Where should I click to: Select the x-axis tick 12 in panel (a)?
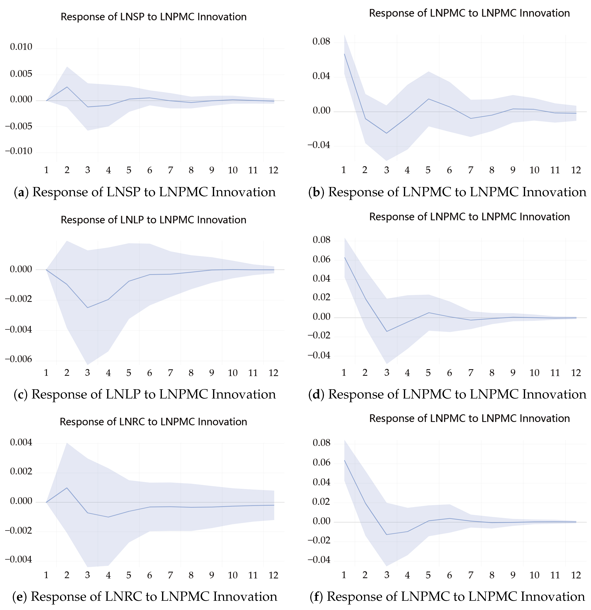[273, 170]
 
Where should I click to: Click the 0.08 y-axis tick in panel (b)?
[321, 41]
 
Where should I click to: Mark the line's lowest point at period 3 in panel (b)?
[386, 133]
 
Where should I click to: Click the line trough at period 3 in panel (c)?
[87, 308]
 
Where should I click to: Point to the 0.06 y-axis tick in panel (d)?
[321, 259]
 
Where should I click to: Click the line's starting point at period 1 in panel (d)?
[344, 257]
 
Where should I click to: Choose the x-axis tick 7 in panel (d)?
[471, 373]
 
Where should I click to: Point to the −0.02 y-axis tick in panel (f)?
[319, 540]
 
